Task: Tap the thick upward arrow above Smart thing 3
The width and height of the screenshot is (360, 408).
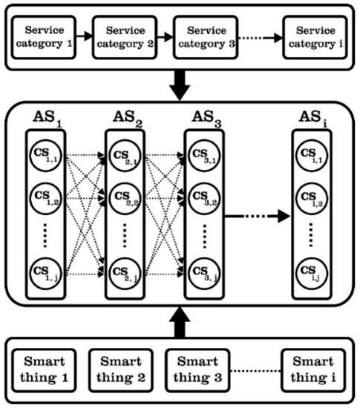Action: tap(180, 320)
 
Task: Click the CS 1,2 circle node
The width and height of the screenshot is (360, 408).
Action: tap(45, 198)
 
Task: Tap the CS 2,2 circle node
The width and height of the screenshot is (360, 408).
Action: tap(123, 198)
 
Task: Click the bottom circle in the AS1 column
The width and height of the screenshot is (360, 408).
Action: tap(45, 273)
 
